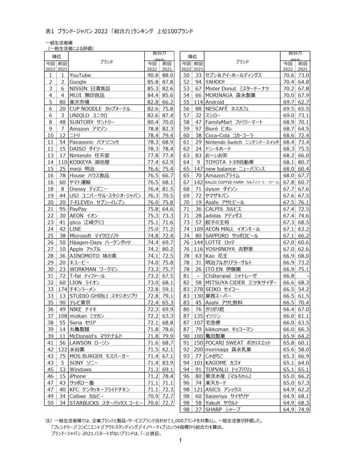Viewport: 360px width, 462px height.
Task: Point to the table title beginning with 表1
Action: tap(118, 32)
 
